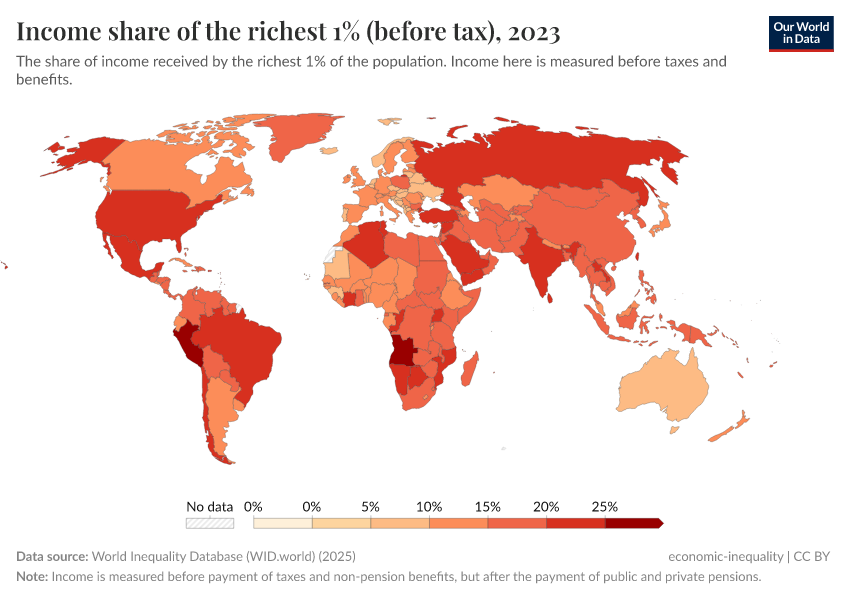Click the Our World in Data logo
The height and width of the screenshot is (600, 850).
click(801, 33)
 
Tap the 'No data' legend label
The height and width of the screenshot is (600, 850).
click(209, 507)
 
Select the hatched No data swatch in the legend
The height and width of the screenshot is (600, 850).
click(209, 523)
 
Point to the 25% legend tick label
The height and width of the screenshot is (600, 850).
click(605, 507)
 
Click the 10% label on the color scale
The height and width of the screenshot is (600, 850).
click(429, 507)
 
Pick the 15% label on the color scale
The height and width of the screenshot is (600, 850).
click(488, 507)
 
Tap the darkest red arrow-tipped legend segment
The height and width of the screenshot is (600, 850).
click(633, 523)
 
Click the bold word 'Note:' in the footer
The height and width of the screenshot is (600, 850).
click(32, 577)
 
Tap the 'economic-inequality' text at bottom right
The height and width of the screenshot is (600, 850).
click(726, 556)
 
